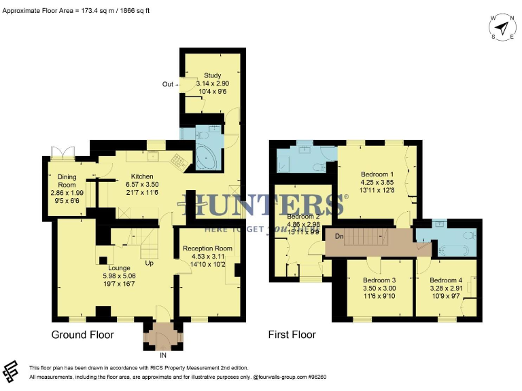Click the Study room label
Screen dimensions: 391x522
click(213, 75)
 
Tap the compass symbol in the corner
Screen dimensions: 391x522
click(502, 28)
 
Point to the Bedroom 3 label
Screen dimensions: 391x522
click(379, 280)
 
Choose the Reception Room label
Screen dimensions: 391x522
click(207, 248)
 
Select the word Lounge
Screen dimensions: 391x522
click(119, 267)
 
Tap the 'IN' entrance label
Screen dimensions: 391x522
click(163, 354)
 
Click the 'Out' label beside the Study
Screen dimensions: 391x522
click(168, 84)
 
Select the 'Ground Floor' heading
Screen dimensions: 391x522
click(83, 335)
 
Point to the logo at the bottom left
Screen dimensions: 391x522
click(11, 371)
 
